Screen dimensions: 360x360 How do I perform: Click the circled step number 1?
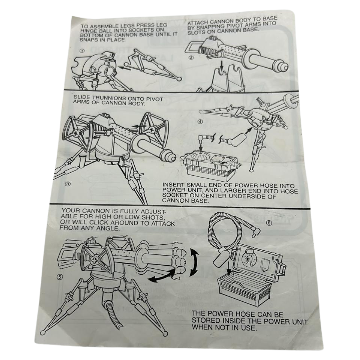(82, 51)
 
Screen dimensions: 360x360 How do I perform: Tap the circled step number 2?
(191, 57)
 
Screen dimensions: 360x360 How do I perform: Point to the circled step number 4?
(200, 121)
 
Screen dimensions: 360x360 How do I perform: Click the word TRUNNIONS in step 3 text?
(109, 98)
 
